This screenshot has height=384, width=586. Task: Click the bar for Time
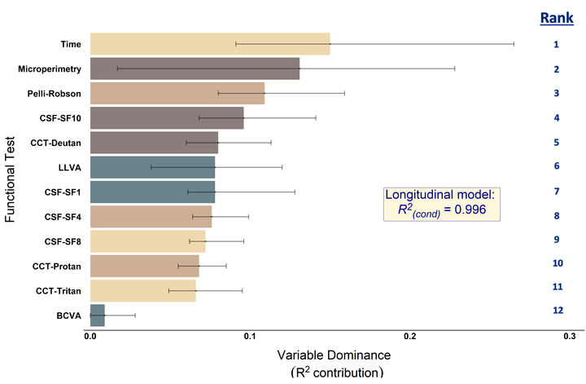pos(210,44)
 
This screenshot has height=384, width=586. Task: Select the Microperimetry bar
pos(195,68)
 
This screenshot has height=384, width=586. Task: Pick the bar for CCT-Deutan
pos(154,143)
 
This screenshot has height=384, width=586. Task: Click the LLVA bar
pos(152,167)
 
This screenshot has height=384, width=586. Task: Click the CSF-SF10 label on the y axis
pos(59,118)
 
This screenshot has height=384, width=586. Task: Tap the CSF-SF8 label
pos(62,241)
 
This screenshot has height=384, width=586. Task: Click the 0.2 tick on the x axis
pos(410,336)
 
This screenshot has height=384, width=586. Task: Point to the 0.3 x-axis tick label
pos(569,336)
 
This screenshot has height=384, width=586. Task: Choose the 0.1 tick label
pos(250,336)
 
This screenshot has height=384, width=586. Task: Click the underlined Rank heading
pos(556,18)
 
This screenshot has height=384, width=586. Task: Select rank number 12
pos(557,311)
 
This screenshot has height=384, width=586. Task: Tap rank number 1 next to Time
pos(557,44)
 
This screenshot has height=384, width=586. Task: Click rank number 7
pos(557,191)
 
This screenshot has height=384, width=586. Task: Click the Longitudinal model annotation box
pos(440,203)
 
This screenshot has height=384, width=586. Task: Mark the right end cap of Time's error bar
pos(514,44)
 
